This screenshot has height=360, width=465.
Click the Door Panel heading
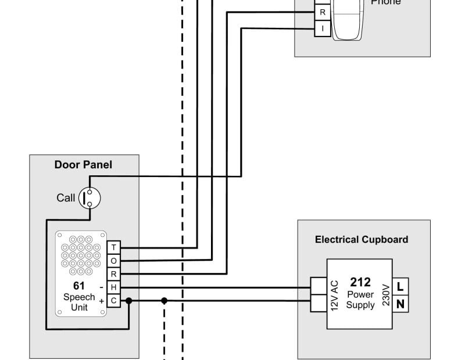coord(83,165)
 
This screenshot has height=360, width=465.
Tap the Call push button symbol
coord(90,198)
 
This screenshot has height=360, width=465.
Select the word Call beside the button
coord(66,198)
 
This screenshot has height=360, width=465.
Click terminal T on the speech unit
coord(114,248)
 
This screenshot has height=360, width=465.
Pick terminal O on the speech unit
coord(114,261)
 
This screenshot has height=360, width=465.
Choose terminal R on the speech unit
coord(114,274)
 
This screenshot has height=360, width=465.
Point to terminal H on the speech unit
coord(114,287)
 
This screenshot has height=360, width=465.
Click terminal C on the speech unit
coord(114,301)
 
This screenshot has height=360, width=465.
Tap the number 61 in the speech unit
coord(79,286)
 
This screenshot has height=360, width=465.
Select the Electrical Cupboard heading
coord(362,239)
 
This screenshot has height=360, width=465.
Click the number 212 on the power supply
coord(360,283)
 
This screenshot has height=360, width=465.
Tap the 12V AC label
coord(334,294)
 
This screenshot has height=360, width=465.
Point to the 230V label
coord(385,294)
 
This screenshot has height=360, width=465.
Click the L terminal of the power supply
coord(400,287)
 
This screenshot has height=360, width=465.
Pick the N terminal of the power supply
coord(400,304)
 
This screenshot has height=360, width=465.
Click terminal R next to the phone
coord(323,12)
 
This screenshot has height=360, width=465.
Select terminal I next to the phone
coord(323,28)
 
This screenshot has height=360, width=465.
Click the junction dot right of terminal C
coord(128,301)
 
